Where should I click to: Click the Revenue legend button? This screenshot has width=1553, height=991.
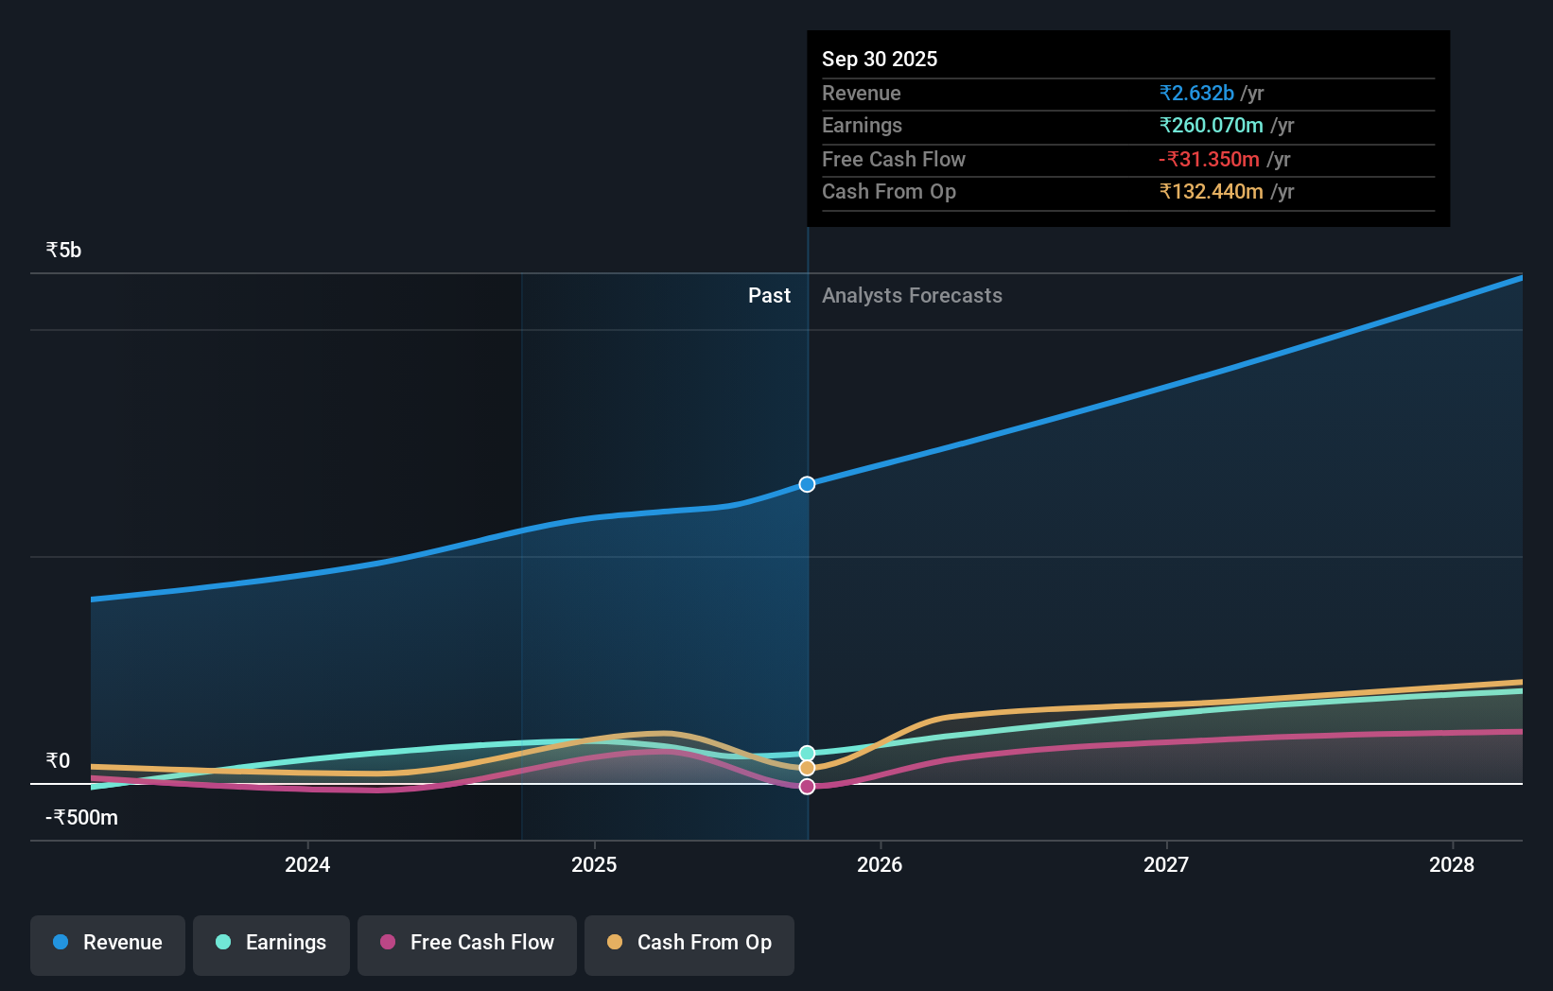[x=108, y=943]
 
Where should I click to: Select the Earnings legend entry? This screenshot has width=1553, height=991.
[x=271, y=943]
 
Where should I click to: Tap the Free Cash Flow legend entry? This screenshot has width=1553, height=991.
[x=467, y=943]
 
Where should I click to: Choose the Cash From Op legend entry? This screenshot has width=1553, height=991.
[x=689, y=943]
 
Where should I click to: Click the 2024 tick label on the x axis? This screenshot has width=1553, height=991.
[x=307, y=864]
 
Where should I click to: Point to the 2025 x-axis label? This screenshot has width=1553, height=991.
[x=594, y=864]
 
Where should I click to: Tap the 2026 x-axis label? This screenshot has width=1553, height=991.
[x=880, y=864]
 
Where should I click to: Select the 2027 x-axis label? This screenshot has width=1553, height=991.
[x=1166, y=864]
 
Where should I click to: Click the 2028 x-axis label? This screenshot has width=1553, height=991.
[x=1452, y=864]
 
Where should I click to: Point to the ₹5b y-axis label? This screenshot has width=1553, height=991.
[x=63, y=251]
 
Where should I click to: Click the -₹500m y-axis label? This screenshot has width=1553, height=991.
[x=82, y=818]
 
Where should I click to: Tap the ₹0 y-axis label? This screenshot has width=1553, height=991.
[x=58, y=761]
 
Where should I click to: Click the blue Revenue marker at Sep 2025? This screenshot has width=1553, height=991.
[x=807, y=484]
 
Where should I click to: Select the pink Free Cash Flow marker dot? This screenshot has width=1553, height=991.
[x=807, y=787]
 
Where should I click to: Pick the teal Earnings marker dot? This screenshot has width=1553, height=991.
[x=807, y=754]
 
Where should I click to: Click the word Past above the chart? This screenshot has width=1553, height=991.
[x=769, y=296]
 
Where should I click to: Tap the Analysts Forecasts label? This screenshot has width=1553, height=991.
[x=912, y=296]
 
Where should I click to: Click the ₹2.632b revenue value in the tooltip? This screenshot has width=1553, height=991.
[x=1196, y=94]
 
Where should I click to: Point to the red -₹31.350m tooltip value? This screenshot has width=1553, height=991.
[x=1209, y=160]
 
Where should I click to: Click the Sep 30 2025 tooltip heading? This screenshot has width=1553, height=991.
[x=880, y=60]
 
